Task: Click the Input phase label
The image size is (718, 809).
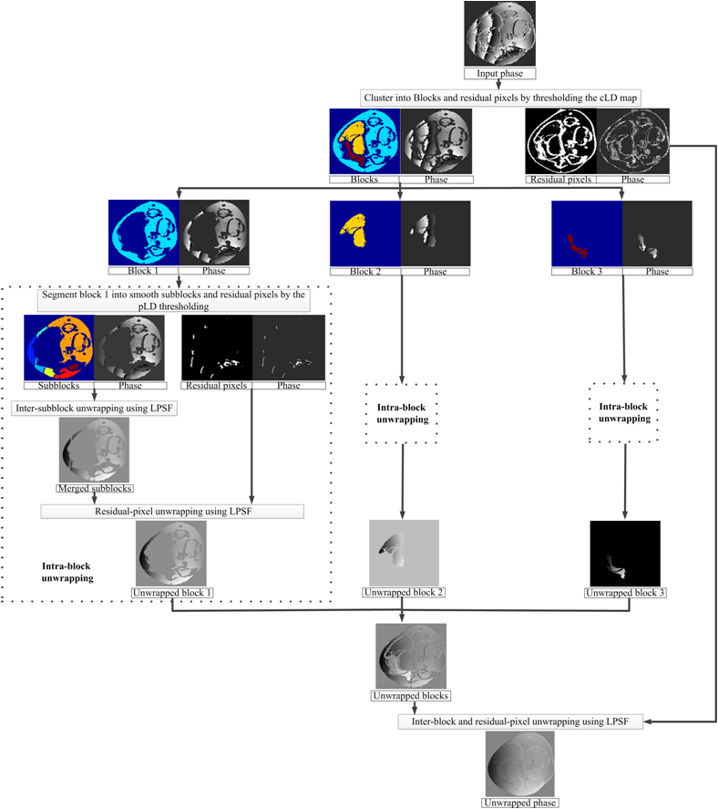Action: point(499,74)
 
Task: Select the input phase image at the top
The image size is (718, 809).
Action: point(499,34)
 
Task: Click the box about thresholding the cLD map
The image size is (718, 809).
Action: point(501,98)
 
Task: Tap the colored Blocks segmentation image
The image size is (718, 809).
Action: point(365,141)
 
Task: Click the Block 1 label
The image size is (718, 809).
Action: point(143,271)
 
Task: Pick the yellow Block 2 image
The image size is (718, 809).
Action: point(364,233)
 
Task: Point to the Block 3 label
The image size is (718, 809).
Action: point(588,271)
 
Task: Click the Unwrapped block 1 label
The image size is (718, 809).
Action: point(173,593)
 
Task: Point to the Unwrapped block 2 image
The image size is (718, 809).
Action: point(404,553)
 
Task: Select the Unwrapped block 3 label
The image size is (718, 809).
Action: point(625,593)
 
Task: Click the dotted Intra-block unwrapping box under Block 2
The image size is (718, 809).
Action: point(401,412)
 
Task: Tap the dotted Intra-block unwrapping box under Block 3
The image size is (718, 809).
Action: point(625,411)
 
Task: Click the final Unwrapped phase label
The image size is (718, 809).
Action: point(521,803)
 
